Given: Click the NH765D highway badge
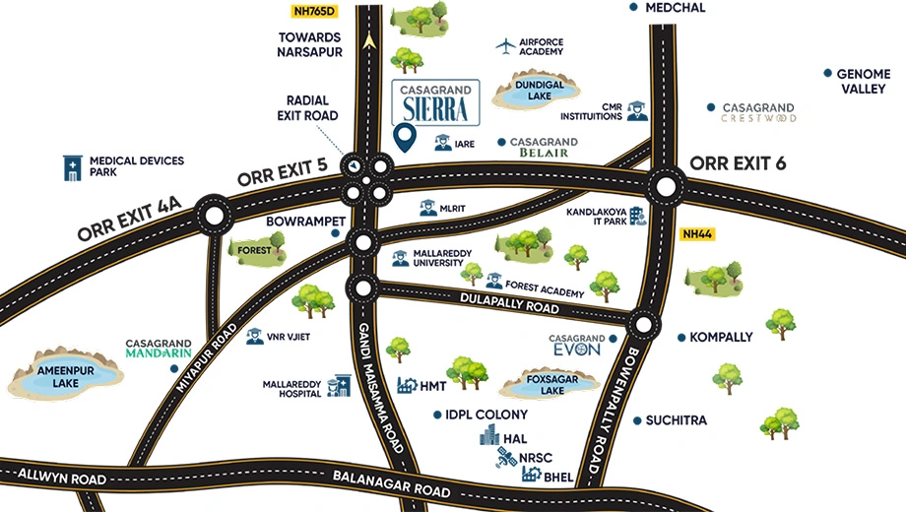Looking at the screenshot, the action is click(314, 11).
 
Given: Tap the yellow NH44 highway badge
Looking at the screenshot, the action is click(697, 234).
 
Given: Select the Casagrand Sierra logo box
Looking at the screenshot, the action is click(435, 102).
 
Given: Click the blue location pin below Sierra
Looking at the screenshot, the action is click(405, 138).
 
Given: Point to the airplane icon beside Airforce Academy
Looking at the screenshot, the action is click(505, 46).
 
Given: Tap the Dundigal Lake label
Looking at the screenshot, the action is click(539, 91).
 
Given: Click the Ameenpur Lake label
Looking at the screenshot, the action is click(65, 377).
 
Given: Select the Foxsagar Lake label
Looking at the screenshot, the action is click(552, 385).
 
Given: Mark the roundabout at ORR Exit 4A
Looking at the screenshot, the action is click(214, 216).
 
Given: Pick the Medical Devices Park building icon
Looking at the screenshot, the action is click(72, 168).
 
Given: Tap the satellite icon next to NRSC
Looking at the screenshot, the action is click(507, 458).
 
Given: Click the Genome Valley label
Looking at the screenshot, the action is click(864, 82).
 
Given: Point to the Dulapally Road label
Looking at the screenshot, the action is click(510, 304).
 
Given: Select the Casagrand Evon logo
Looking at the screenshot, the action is click(577, 345).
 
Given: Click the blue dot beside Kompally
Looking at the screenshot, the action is click(681, 338).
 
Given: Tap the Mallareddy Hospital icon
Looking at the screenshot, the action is click(339, 387).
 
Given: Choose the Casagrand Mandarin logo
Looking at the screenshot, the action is click(159, 349).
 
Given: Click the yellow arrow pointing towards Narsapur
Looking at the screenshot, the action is click(369, 40).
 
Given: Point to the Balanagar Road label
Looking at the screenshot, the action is click(392, 484).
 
